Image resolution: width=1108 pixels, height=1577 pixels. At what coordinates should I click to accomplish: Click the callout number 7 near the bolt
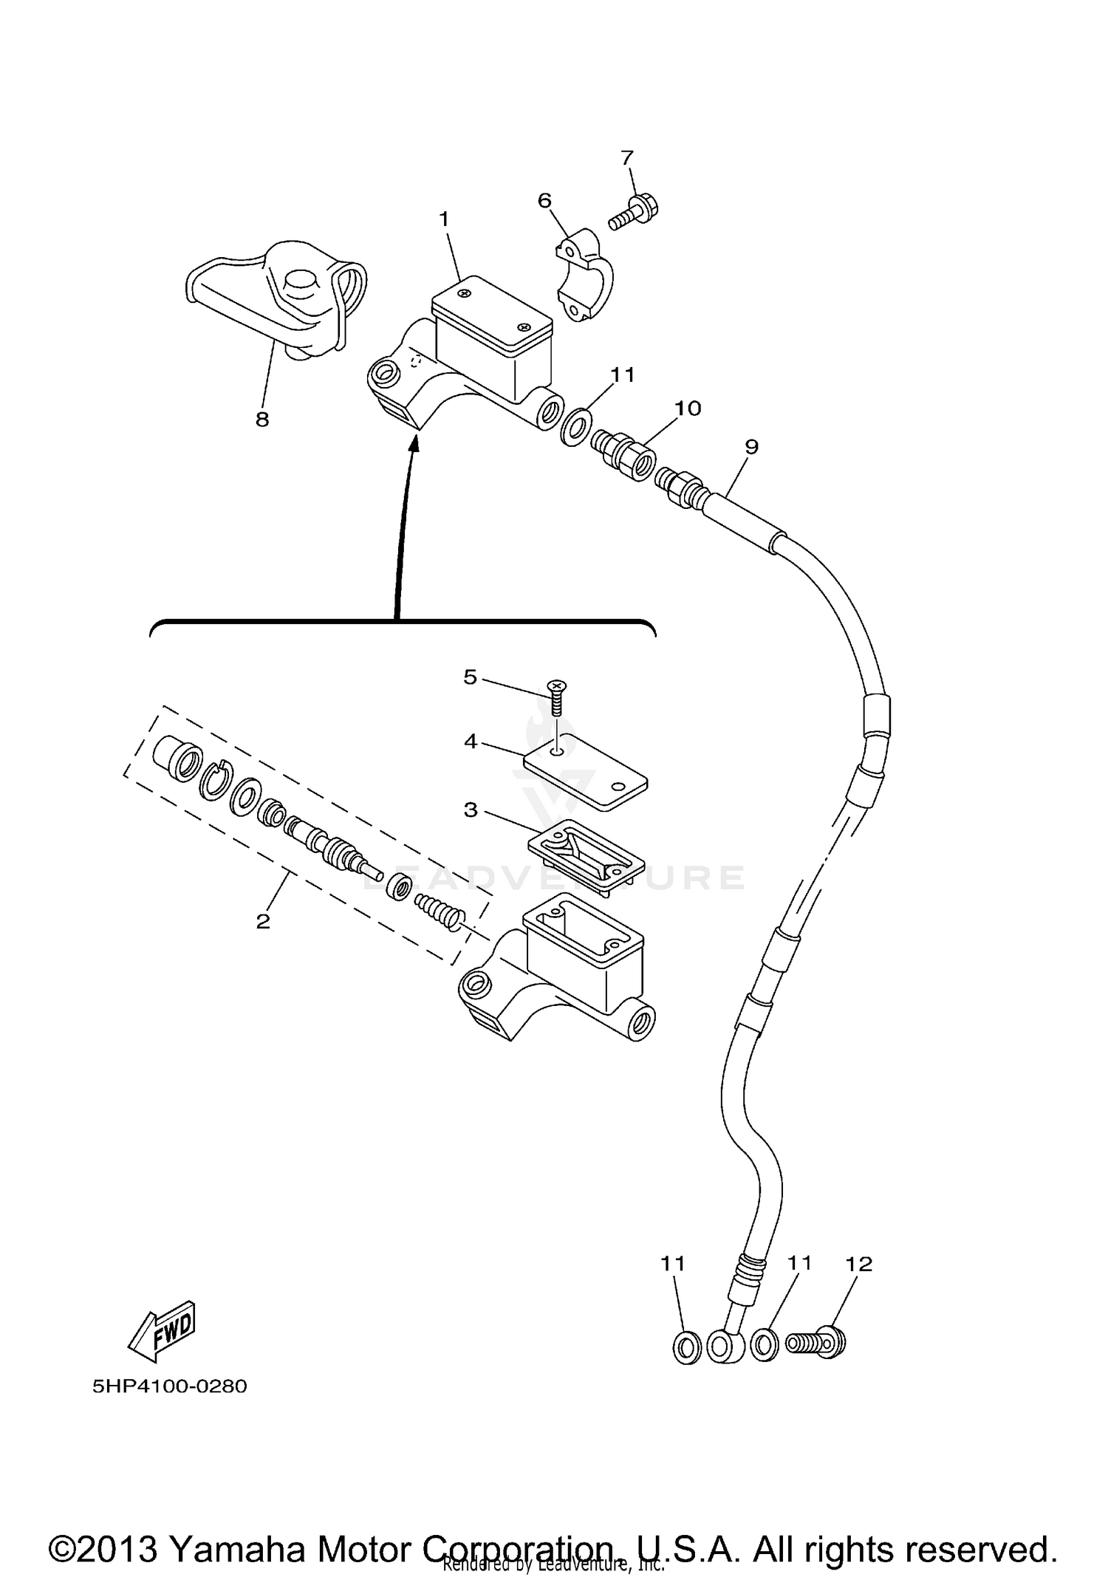(626, 158)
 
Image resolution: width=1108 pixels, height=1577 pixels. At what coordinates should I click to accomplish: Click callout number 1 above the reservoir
(444, 219)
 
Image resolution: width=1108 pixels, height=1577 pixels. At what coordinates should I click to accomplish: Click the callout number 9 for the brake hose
(751, 446)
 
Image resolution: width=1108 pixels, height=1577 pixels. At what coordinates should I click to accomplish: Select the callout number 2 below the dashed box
(263, 921)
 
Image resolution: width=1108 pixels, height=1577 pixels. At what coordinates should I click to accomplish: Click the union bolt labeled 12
(816, 1343)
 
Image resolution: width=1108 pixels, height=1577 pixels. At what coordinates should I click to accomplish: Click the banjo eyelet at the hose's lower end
(722, 1346)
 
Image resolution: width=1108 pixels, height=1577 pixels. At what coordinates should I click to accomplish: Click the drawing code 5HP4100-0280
(170, 1386)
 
